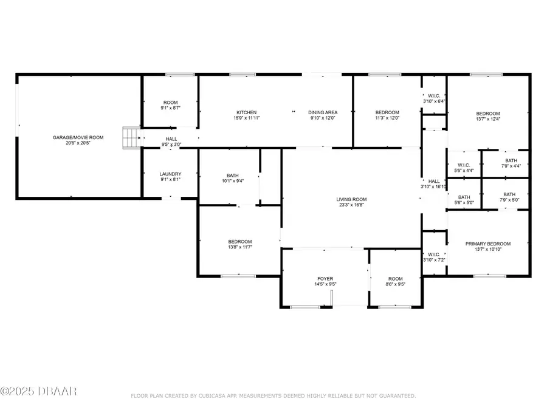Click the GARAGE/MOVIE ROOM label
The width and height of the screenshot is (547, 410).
tap(78, 138)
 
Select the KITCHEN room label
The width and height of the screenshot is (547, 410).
tap(246, 112)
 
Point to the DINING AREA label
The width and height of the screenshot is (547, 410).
tap(322, 112)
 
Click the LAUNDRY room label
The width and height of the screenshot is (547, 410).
tap(170, 174)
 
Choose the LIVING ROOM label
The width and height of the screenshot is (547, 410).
tap(352, 199)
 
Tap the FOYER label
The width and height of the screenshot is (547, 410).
tap(325, 279)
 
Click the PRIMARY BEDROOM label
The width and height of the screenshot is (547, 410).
tap(488, 244)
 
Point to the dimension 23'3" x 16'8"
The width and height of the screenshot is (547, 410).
tap(352, 206)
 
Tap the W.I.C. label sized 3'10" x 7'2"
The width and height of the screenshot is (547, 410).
tap(434, 255)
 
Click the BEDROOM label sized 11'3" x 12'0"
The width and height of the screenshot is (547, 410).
tap(387, 112)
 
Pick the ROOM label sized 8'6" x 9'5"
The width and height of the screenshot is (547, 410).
tap(395, 279)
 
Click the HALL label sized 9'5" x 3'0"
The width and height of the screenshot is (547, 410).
tap(171, 139)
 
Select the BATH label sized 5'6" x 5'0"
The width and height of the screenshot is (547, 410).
tap(464, 197)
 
